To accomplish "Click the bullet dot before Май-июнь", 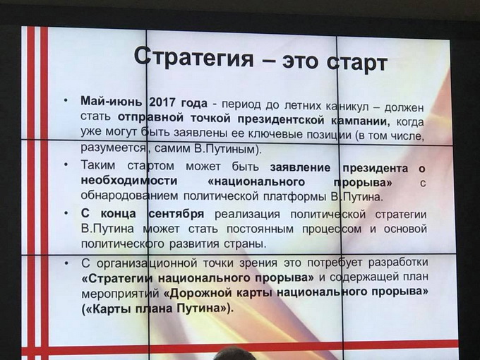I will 64,100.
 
